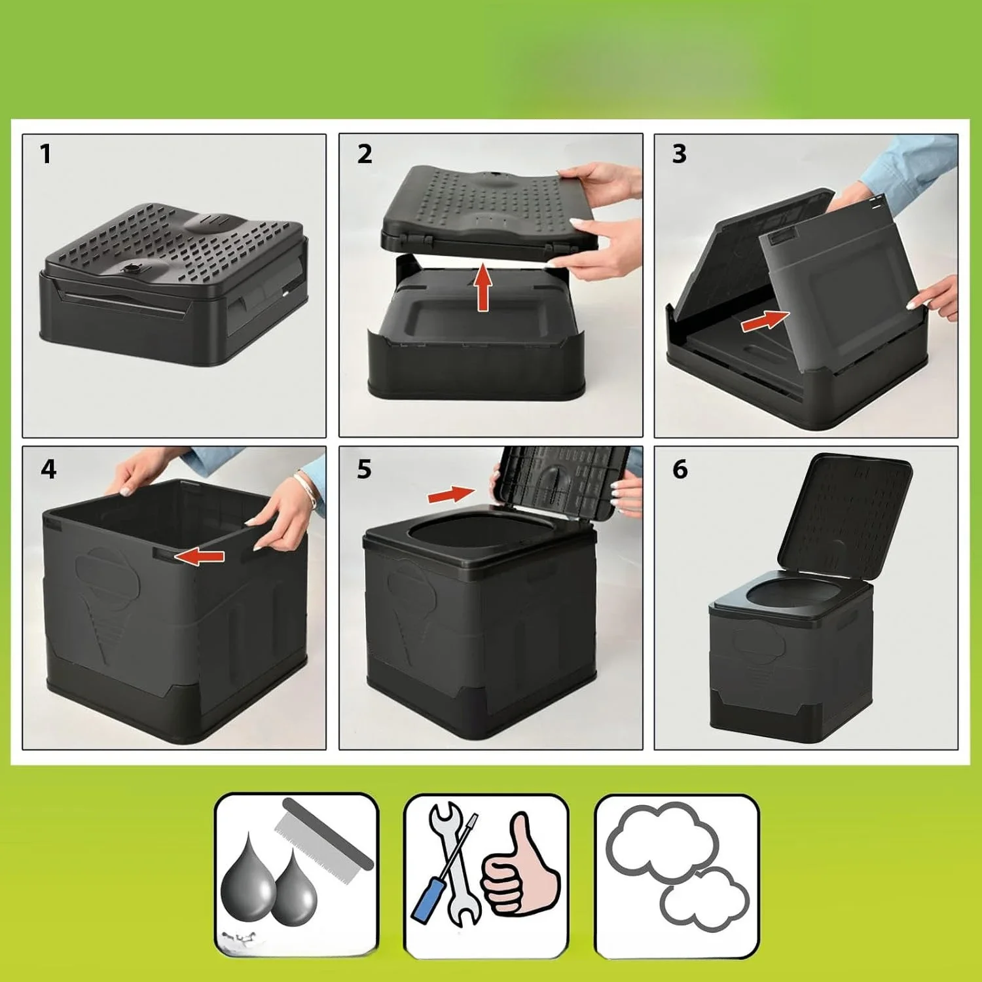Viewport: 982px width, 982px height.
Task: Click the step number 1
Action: [x=45, y=155]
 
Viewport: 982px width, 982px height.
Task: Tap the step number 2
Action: [x=365, y=155]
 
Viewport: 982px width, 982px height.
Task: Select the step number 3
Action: [x=680, y=155]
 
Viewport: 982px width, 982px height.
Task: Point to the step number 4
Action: [x=48, y=469]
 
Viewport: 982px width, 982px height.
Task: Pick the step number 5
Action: [x=364, y=469]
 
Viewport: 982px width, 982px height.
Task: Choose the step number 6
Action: [x=680, y=469]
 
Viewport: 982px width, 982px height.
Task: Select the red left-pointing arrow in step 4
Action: [x=200, y=556]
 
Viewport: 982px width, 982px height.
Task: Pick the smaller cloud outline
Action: [x=704, y=900]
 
